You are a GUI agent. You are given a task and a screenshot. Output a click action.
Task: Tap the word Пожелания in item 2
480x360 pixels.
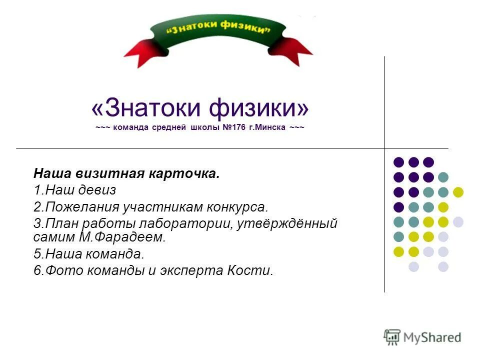(x=75, y=206)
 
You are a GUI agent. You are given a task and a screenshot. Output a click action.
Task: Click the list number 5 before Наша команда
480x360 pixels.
(x=37, y=253)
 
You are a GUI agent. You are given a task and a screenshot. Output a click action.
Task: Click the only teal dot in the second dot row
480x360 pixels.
(x=443, y=177)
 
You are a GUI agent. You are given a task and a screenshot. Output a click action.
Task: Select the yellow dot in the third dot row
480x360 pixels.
(x=458, y=192)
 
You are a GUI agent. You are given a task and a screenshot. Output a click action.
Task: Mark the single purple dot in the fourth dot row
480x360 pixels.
(x=398, y=207)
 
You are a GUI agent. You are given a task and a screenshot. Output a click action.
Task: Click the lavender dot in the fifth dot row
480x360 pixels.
(x=458, y=222)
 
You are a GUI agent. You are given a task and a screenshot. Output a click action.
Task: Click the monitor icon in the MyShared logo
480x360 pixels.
(x=392, y=336)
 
